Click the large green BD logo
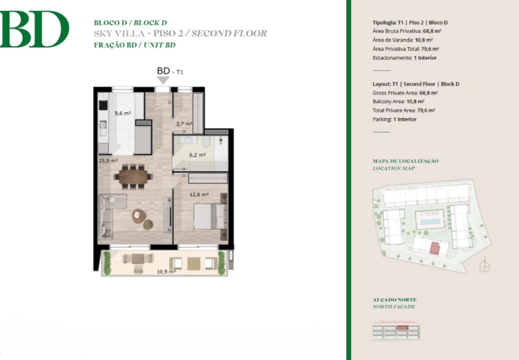pos(34,29)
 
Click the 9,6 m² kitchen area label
pos(123,113)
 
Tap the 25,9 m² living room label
pos(108,161)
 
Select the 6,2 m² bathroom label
pos(197,155)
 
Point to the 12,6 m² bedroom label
pos(199,195)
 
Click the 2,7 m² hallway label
pos(184,124)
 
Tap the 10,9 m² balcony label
pos(166,272)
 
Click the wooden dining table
pos(133,177)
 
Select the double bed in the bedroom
pos(210,216)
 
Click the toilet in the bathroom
pos(206,142)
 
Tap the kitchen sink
pos(103,125)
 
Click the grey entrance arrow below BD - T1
pos(163,80)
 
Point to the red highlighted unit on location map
pos(434,248)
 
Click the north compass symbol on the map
pos(485,266)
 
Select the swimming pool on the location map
pos(430,221)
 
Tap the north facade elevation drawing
pos(395,330)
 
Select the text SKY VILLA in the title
pos(119,34)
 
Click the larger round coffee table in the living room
pos(139,216)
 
